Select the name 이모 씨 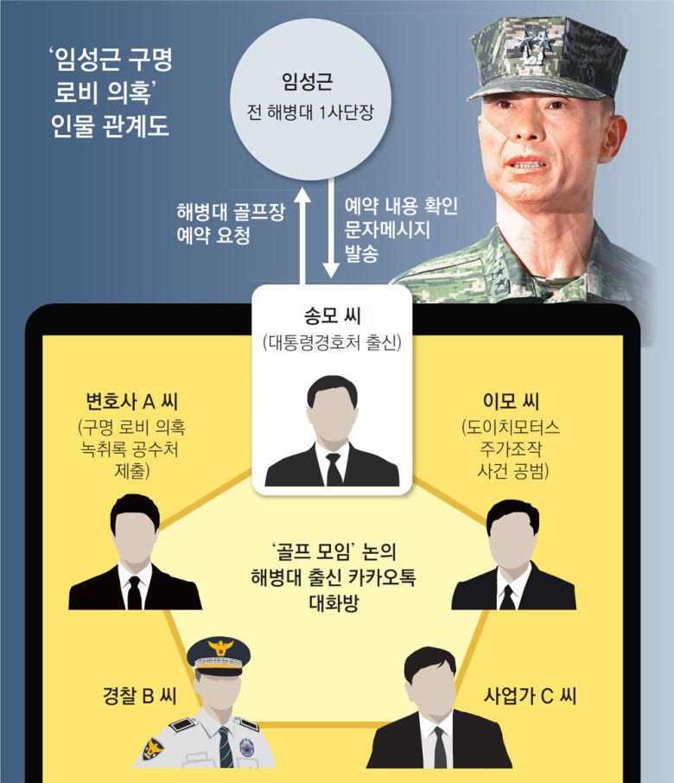[x=512, y=401]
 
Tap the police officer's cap [x=218, y=654]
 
